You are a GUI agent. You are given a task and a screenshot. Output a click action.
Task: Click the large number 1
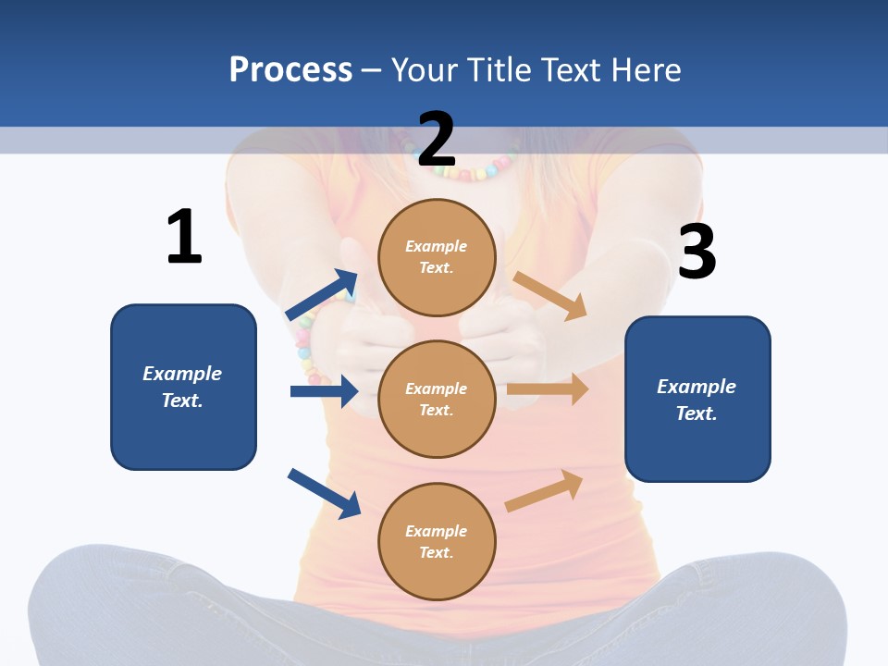click(184, 237)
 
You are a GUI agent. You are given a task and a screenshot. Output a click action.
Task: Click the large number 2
click(437, 140)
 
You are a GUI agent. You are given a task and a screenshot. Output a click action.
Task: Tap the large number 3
click(697, 252)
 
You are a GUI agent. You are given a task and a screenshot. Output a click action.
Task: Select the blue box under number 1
click(183, 387)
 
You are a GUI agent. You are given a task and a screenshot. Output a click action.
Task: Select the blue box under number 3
click(697, 399)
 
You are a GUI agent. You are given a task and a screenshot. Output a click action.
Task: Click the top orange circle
click(437, 257)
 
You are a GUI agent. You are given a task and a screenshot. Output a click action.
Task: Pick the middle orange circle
click(437, 399)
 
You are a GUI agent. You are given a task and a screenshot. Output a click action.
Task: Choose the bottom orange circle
click(437, 541)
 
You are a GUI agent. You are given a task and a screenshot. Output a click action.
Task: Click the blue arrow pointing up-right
click(322, 295)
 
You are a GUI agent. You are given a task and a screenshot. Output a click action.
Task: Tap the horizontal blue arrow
click(324, 391)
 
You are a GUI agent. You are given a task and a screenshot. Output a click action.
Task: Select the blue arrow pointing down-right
click(324, 493)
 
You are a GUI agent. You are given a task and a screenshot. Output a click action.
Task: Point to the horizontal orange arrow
click(548, 389)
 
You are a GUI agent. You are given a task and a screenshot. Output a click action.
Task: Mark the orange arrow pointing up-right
click(545, 490)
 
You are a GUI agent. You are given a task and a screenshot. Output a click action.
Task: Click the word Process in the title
click(290, 69)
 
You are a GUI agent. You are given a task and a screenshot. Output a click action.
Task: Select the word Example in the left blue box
click(182, 374)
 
